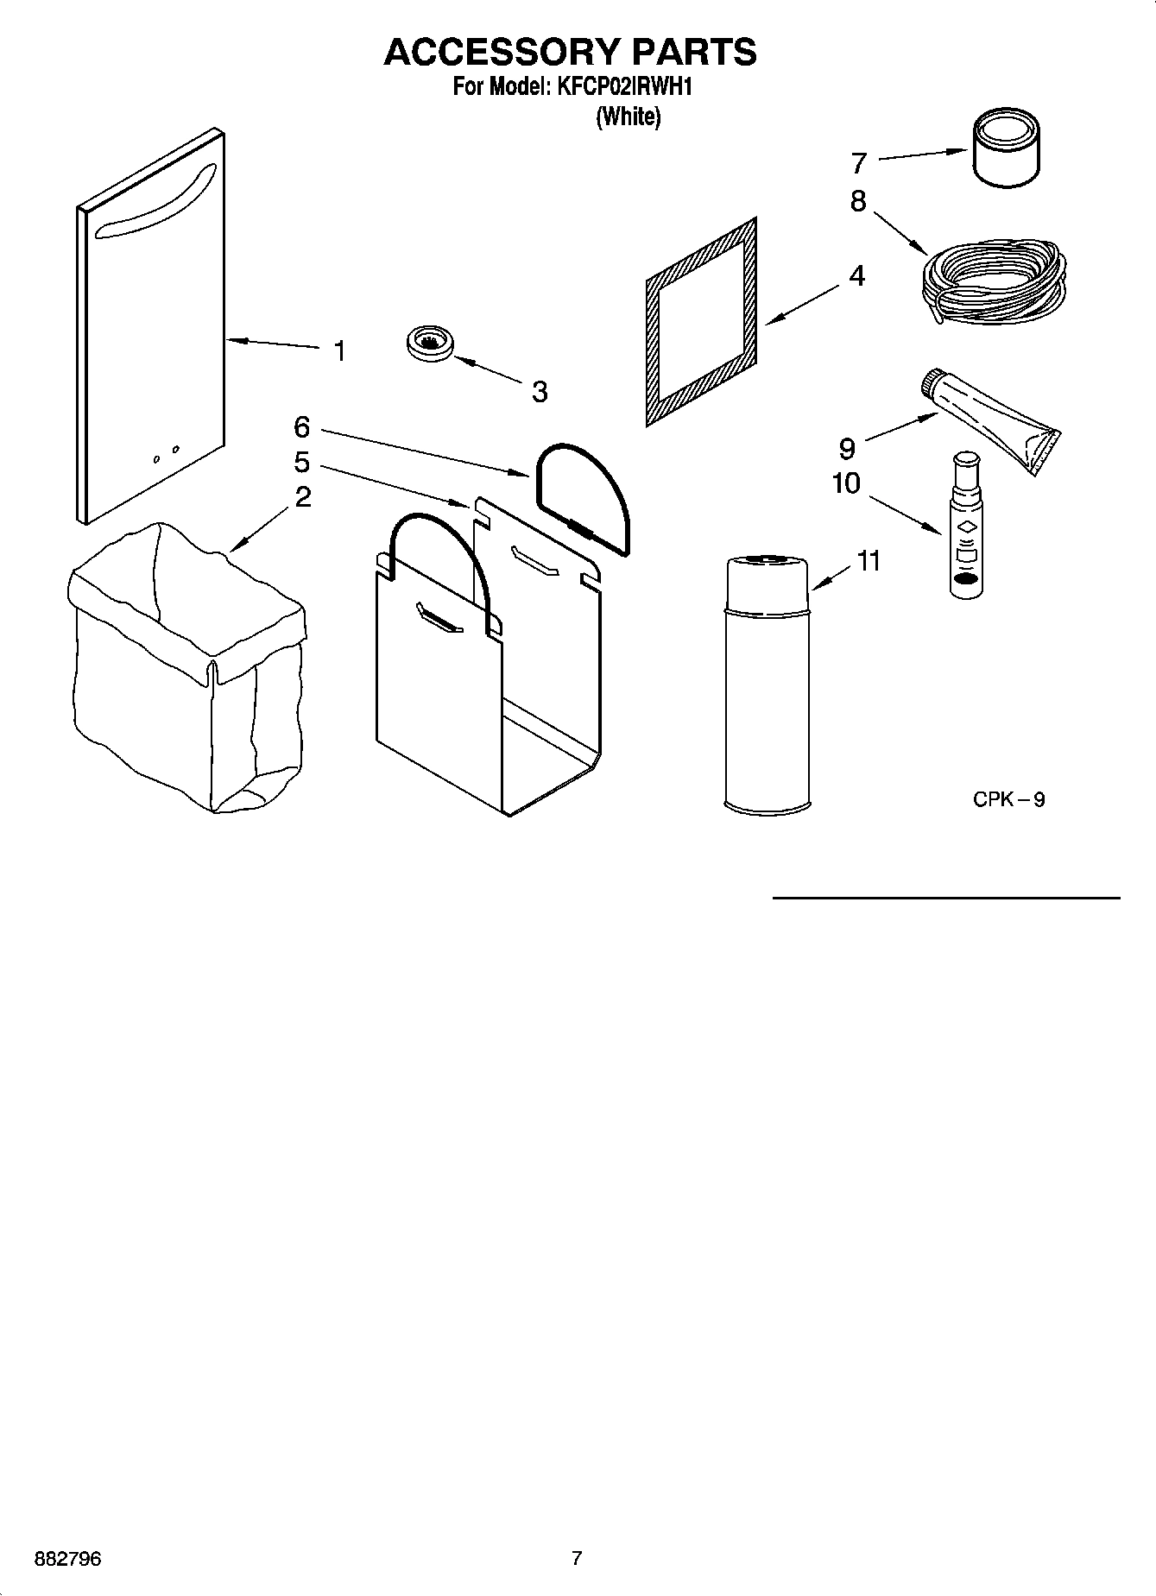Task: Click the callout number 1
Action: click(x=340, y=351)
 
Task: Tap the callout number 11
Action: click(x=869, y=561)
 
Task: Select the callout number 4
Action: click(x=856, y=276)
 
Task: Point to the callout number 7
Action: click(x=858, y=163)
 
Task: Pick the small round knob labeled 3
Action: click(x=429, y=344)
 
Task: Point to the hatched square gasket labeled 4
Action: click(x=702, y=321)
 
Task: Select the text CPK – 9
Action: click(x=1008, y=799)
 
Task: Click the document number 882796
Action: click(x=67, y=1559)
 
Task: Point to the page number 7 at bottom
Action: click(x=577, y=1558)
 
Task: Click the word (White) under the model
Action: click(x=629, y=117)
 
